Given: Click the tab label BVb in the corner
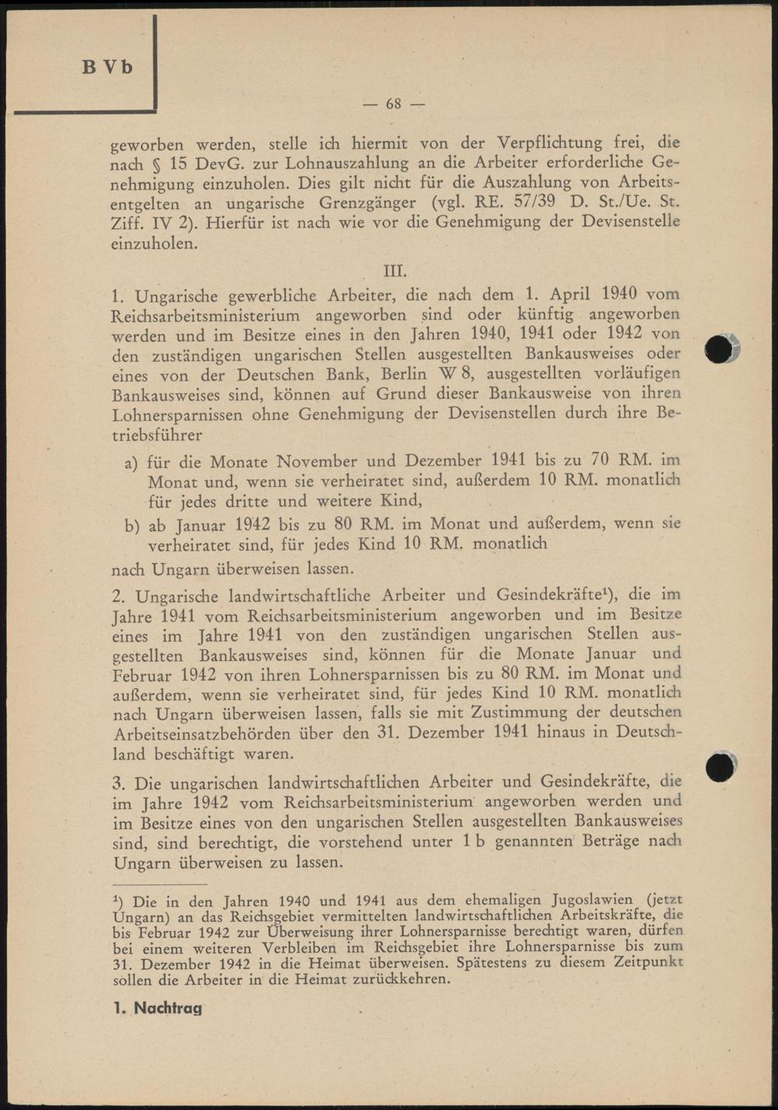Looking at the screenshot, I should coord(107,67).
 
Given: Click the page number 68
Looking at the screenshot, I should coord(394,103).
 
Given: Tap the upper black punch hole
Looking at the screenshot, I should coord(720,349).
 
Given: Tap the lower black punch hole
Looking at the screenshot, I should coord(720,767).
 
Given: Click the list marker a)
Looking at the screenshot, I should coord(131,464).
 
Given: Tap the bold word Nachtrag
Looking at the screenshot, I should coord(168,1008).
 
